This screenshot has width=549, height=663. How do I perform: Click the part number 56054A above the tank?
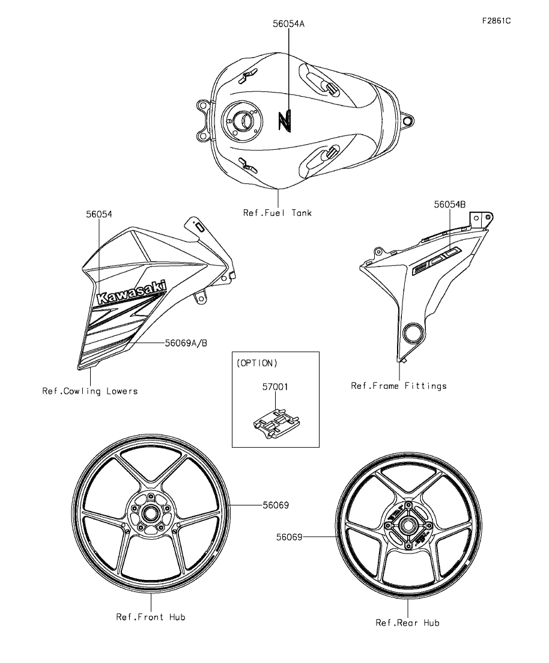pyautogui.click(x=288, y=23)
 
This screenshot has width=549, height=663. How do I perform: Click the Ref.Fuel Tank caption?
pyautogui.click(x=278, y=212)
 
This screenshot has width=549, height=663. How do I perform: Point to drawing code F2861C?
pyautogui.click(x=496, y=21)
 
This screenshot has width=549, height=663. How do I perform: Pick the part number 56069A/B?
pyautogui.click(x=186, y=343)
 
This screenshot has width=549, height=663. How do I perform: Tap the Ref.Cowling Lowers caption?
pyautogui.click(x=89, y=391)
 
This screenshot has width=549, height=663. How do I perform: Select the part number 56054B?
pyautogui.click(x=450, y=204)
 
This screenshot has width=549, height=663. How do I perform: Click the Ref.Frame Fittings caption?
pyautogui.click(x=399, y=385)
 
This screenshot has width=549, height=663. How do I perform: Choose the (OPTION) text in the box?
pyautogui.click(x=257, y=363)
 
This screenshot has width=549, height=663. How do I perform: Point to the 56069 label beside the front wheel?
pyautogui.click(x=276, y=506)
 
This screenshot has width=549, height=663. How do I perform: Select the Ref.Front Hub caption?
pyautogui.click(x=151, y=617)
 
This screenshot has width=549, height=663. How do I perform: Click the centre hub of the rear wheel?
pyautogui.click(x=408, y=525)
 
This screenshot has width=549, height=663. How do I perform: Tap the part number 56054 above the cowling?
pyautogui.click(x=99, y=213)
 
